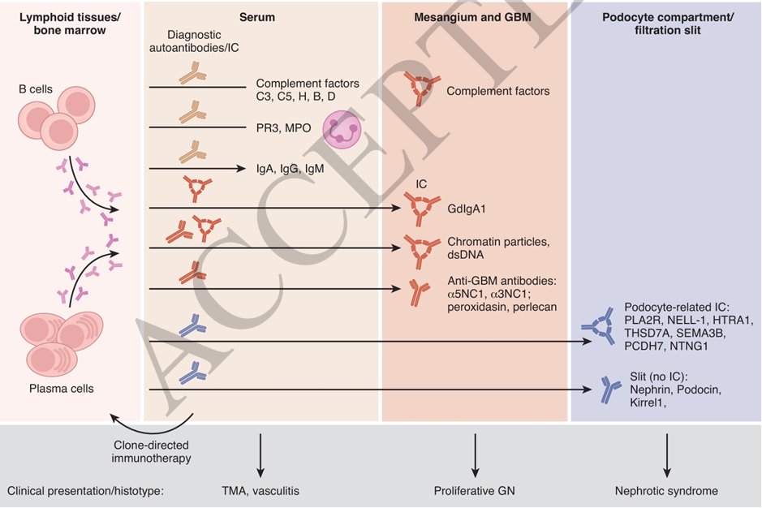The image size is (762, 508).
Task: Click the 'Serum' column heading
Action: tap(257, 18)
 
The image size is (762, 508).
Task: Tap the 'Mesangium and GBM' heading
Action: tap(472, 18)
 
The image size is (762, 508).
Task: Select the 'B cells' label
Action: tap(36, 89)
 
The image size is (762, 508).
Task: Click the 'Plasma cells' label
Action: tap(61, 389)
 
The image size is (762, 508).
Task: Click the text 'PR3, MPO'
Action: tap(284, 128)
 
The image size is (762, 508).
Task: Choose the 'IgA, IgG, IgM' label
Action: tap(291, 169)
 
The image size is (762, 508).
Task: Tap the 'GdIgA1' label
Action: tap(467, 209)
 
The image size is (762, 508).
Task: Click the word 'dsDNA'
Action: tap(466, 255)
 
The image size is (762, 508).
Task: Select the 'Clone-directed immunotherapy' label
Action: tap(151, 452)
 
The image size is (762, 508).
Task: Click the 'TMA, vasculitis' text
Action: tap(260, 491)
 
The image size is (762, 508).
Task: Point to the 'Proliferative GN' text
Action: tap(474, 491)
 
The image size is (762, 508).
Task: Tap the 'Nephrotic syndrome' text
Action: tap(667, 491)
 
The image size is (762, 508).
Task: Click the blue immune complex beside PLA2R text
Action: tap(603, 327)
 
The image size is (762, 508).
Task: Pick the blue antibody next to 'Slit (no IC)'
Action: tap(609, 390)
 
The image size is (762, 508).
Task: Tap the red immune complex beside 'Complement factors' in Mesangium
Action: tap(421, 87)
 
